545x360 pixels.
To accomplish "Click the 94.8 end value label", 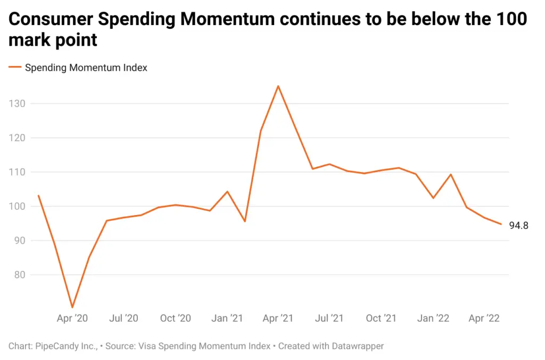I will point(518,225).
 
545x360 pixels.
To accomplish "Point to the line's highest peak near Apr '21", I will point(278,86).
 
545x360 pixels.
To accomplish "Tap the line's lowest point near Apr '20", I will point(72,307).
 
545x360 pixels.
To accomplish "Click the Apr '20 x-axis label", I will point(72,318).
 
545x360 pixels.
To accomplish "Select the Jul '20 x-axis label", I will point(123,318).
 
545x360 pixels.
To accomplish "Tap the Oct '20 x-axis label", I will point(175,318).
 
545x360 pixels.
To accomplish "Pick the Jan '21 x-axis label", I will point(227,318).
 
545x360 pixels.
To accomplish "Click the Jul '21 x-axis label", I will point(329,318).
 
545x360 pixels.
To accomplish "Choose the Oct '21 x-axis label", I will point(381,318).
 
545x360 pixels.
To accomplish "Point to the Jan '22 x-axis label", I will point(433,318).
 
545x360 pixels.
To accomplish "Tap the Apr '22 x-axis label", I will point(484,318).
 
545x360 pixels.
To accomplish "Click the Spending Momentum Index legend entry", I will point(85,68).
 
